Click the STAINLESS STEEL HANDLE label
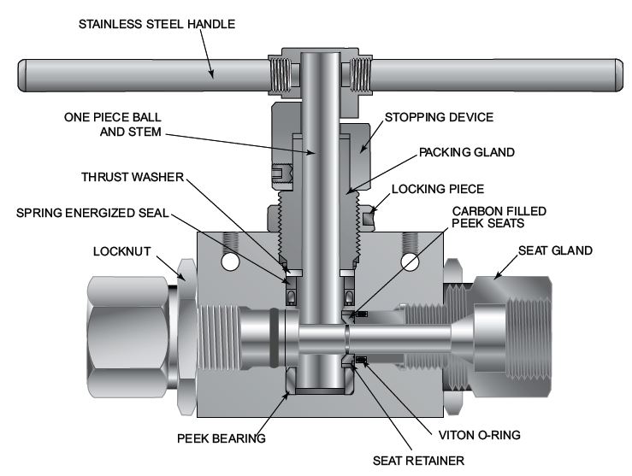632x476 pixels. pyautogui.click(x=156, y=23)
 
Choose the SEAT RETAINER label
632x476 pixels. pyautogui.click(x=416, y=461)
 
